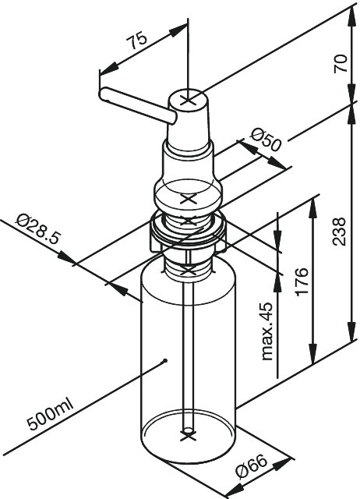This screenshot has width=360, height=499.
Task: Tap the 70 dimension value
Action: (341, 64)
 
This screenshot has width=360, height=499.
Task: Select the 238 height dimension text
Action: (339, 232)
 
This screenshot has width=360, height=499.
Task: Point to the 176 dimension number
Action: (302, 281)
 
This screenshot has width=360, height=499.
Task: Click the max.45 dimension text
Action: (266, 331)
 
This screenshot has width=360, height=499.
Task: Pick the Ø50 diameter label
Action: (266, 140)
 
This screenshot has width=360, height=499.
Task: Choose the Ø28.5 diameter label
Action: (37, 228)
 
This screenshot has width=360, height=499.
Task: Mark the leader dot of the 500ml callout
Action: (164, 361)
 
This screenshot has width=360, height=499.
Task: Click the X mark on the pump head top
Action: (189, 101)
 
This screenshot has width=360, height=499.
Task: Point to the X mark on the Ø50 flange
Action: (188, 200)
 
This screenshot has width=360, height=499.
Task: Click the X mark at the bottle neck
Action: (188, 271)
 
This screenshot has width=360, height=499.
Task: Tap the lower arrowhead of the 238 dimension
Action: (351, 331)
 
